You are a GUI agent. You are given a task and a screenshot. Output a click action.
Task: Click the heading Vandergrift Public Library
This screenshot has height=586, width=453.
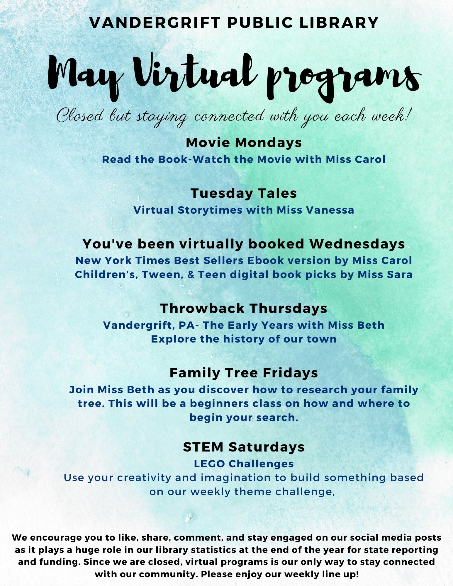(x=234, y=23)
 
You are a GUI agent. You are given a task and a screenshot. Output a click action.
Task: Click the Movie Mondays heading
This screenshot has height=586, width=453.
(x=244, y=143)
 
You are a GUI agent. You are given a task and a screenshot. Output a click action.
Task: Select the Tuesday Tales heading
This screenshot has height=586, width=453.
(x=244, y=193)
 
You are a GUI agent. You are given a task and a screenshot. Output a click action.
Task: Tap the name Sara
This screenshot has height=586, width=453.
(x=399, y=275)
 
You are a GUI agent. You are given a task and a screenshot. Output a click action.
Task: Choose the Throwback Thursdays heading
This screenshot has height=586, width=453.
(x=244, y=309)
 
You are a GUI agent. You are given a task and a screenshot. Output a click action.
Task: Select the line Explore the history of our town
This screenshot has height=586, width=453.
(x=244, y=339)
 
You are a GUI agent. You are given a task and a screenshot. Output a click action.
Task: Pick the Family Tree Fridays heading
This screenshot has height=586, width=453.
(x=244, y=373)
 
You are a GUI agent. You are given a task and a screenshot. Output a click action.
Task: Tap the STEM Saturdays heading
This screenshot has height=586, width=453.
(x=244, y=447)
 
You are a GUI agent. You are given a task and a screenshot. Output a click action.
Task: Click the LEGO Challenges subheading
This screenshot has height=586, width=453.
(x=244, y=464)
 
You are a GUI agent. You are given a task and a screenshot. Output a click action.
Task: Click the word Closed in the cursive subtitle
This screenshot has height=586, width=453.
(x=80, y=116)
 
